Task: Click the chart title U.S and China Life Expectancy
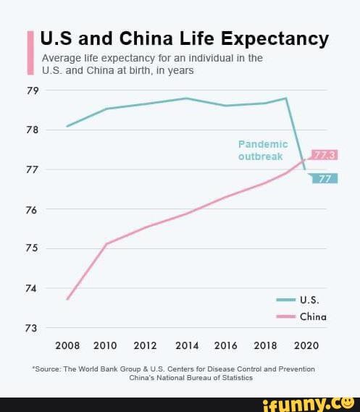coord(184,38)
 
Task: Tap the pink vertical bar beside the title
coord(30,53)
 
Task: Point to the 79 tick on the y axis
coord(33,91)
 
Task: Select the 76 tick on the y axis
coord(33,209)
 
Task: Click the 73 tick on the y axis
coord(33,328)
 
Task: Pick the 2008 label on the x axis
coord(67,345)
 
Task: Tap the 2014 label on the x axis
coord(187,345)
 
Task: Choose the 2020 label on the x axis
coord(306,345)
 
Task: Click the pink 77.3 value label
coord(325,155)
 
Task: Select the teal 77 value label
coord(325,178)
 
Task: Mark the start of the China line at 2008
coord(67,299)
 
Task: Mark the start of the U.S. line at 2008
coord(67,126)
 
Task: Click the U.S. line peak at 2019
coord(286,98)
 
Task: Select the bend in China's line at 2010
coord(106,244)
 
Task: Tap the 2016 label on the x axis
coord(226,345)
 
